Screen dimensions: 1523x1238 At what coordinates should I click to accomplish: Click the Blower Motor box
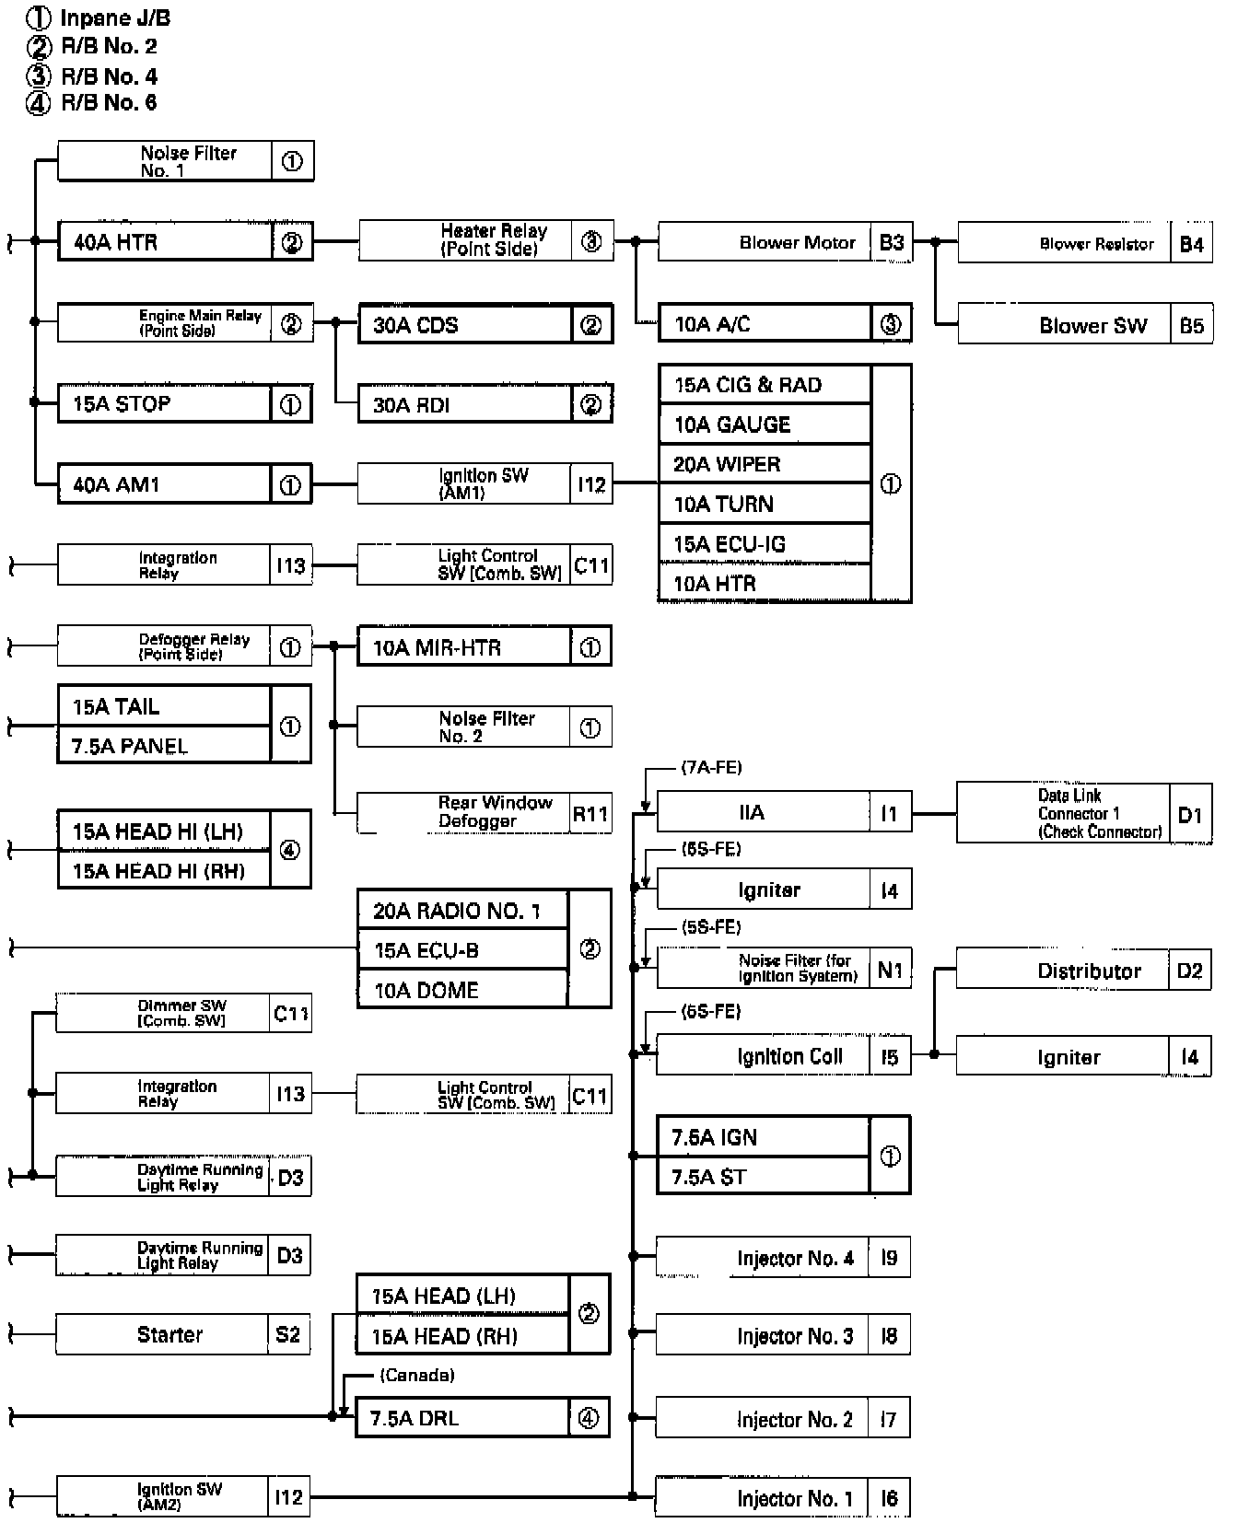pyautogui.click(x=785, y=243)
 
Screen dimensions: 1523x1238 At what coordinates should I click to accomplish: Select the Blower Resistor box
pyautogui.click(x=1084, y=244)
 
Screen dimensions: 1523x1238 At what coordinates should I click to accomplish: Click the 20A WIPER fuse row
pyautogui.click(x=764, y=464)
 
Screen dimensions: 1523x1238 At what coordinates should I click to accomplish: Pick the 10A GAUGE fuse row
pyautogui.click(x=764, y=424)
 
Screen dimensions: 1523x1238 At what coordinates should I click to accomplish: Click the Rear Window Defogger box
pyautogui.click(x=484, y=812)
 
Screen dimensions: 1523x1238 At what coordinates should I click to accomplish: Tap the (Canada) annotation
pyautogui.click(x=416, y=1375)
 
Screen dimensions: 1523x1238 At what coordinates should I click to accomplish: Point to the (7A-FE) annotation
pyautogui.click(x=711, y=767)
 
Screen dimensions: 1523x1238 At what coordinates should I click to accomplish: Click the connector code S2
pyautogui.click(x=287, y=1334)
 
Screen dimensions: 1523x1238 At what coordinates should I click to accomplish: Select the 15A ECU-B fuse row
pyautogui.click(x=462, y=950)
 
